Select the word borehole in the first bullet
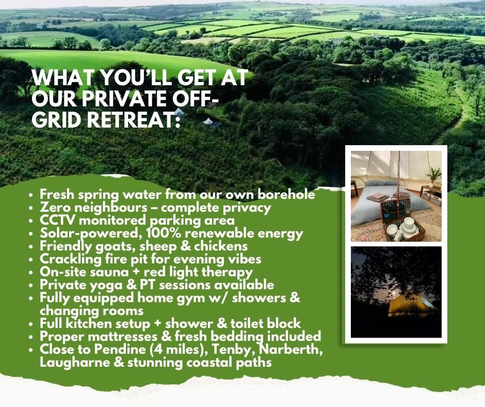pyautogui.click(x=286, y=194)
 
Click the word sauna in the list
pyautogui.click(x=109, y=272)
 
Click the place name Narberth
pyautogui.click(x=291, y=349)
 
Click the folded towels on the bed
pyautogui.click(x=378, y=197)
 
